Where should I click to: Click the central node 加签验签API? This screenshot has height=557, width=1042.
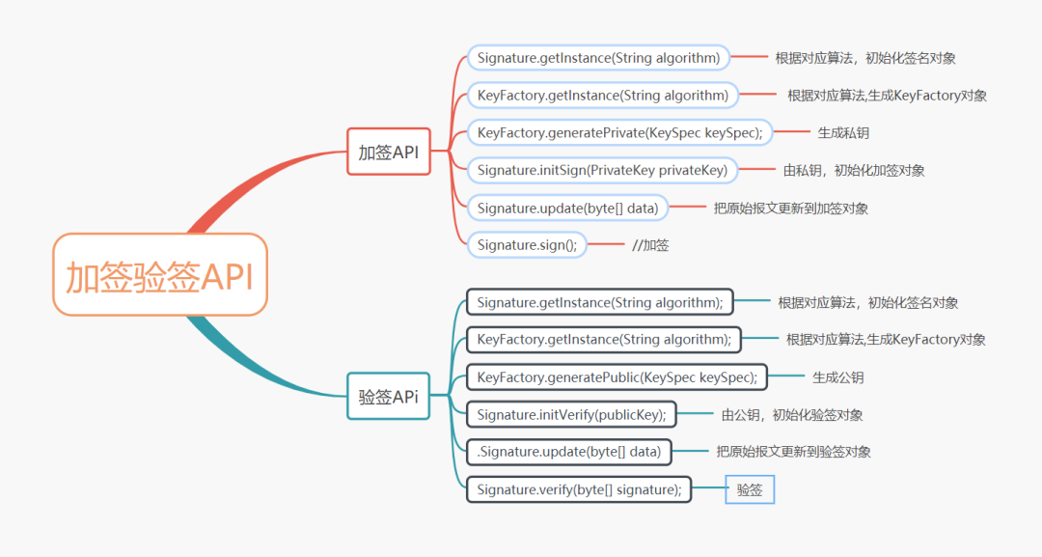coord(160,274)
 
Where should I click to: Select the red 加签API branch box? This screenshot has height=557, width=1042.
coord(389,152)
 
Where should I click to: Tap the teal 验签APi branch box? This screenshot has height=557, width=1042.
coord(389,396)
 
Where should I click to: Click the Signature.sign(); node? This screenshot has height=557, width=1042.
coord(527,244)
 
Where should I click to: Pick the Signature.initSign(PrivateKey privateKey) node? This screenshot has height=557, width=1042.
coord(602,170)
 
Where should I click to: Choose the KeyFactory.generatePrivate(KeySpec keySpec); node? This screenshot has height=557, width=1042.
coord(619,133)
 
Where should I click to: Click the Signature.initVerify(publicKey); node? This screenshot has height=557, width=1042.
coord(571,415)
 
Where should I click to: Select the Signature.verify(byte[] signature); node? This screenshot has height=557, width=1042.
coord(579,489)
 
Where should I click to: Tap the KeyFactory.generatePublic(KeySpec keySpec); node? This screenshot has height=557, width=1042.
coord(617,377)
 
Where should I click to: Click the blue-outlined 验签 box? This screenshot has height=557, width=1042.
coord(750,489)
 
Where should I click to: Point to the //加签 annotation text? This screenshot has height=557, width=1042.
coord(650,245)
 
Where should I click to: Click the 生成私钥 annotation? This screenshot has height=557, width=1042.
coord(843,133)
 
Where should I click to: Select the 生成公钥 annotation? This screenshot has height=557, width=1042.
coord(838,377)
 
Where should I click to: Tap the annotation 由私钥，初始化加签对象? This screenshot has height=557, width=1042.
coord(854,171)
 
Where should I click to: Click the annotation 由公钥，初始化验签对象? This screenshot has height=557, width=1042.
coord(792,415)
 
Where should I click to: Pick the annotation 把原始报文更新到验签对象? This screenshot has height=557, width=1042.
coord(793,452)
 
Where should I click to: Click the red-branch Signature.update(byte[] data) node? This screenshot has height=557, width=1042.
coord(567,209)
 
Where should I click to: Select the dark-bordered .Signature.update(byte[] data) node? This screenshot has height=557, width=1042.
coord(569,452)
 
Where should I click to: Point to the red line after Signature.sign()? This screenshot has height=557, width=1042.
coord(606,244)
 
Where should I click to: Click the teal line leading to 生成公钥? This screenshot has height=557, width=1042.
coord(786,376)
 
